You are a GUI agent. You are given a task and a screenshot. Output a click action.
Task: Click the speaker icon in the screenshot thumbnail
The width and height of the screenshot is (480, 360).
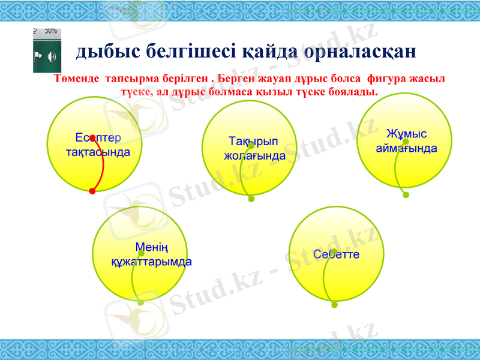pyautogui.click(x=51, y=57)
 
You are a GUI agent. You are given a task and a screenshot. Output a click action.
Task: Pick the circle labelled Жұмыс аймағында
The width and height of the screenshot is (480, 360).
pyautogui.click(x=403, y=140)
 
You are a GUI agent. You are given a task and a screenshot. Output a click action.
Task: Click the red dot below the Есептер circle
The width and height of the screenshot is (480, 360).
pyautogui.click(x=92, y=191)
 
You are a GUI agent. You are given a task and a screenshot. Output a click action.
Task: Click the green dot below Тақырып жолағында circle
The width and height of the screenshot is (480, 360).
pyautogui.click(x=251, y=199)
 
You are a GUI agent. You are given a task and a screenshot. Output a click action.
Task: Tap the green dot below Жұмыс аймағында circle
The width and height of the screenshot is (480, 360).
pyautogui.click(x=406, y=195)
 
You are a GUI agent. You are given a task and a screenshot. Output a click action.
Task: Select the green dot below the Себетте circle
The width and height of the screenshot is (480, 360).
pyautogui.click(x=334, y=305)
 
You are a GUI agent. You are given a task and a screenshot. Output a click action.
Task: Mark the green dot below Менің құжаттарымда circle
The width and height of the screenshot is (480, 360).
pyautogui.click(x=140, y=302)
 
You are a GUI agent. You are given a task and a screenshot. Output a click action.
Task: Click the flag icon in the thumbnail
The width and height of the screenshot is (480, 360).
pyautogui.click(x=38, y=57)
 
